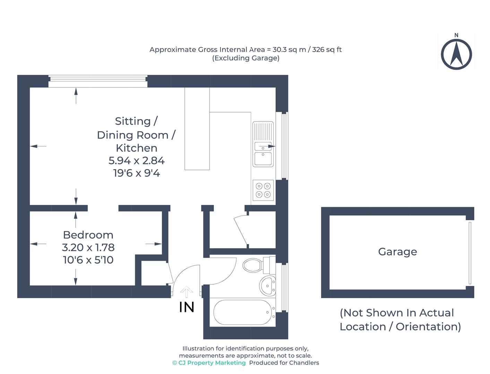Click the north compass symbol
[456, 54]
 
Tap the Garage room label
[397, 252]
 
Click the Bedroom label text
[88, 235]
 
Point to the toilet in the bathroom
[257, 265]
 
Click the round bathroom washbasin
[267, 285]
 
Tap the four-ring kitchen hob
[263, 190]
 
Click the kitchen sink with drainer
[263, 144]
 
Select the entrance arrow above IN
[187, 292]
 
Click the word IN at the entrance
[187, 307]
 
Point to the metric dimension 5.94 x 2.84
[137, 161]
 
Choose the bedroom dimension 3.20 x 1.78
[88, 247]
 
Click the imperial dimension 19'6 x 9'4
[137, 173]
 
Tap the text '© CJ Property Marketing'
[209, 363]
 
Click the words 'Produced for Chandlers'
[284, 363]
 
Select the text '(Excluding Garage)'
[246, 58]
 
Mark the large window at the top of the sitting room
[97, 81]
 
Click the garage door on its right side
[470, 253]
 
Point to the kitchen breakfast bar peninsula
[197, 129]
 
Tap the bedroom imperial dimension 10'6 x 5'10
[88, 260]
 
